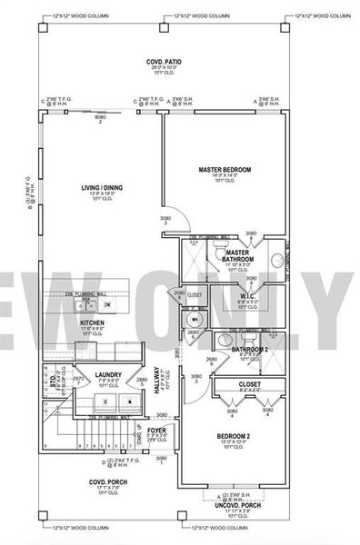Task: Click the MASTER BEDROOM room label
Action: [225, 170]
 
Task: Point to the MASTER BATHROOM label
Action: [238, 257]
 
